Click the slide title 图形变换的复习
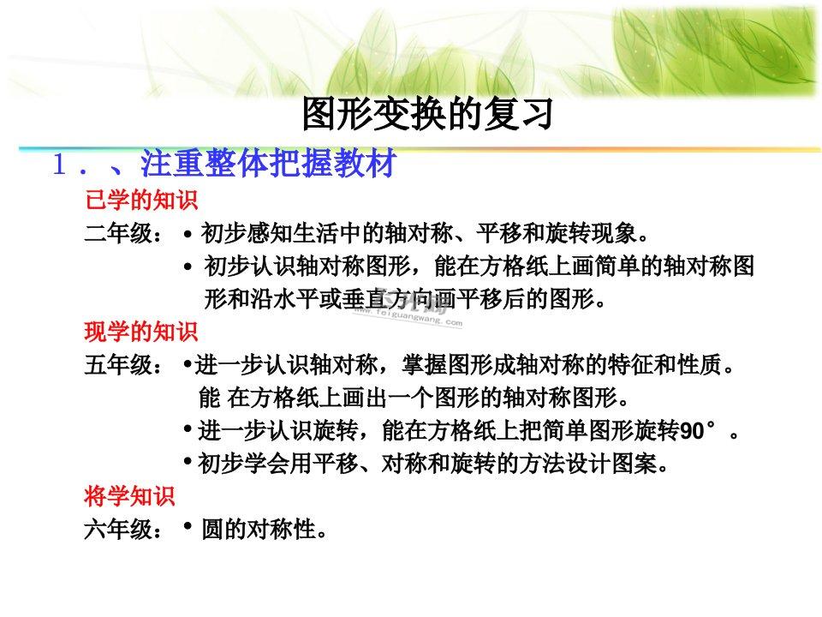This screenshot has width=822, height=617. (x=427, y=114)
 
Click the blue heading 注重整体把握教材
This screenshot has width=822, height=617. (x=268, y=163)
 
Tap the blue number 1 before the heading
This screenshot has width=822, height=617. (x=59, y=165)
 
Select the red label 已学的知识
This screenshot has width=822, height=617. (x=141, y=201)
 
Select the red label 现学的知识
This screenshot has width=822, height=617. (x=141, y=332)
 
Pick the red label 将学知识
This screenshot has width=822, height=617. (x=129, y=496)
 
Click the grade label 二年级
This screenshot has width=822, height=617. (x=123, y=233)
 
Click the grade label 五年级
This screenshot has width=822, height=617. (x=123, y=365)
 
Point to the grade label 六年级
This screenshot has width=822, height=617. (x=123, y=530)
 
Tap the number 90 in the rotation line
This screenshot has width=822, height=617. (x=692, y=431)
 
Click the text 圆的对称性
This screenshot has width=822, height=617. (x=259, y=530)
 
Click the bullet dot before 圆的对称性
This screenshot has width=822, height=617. (x=188, y=525)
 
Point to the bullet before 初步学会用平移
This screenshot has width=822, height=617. (x=188, y=461)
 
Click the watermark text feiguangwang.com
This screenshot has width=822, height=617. (x=408, y=316)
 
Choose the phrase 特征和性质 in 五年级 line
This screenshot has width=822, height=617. (x=664, y=365)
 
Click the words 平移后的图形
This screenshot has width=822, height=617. (x=525, y=300)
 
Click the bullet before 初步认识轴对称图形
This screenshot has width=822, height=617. (x=188, y=267)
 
